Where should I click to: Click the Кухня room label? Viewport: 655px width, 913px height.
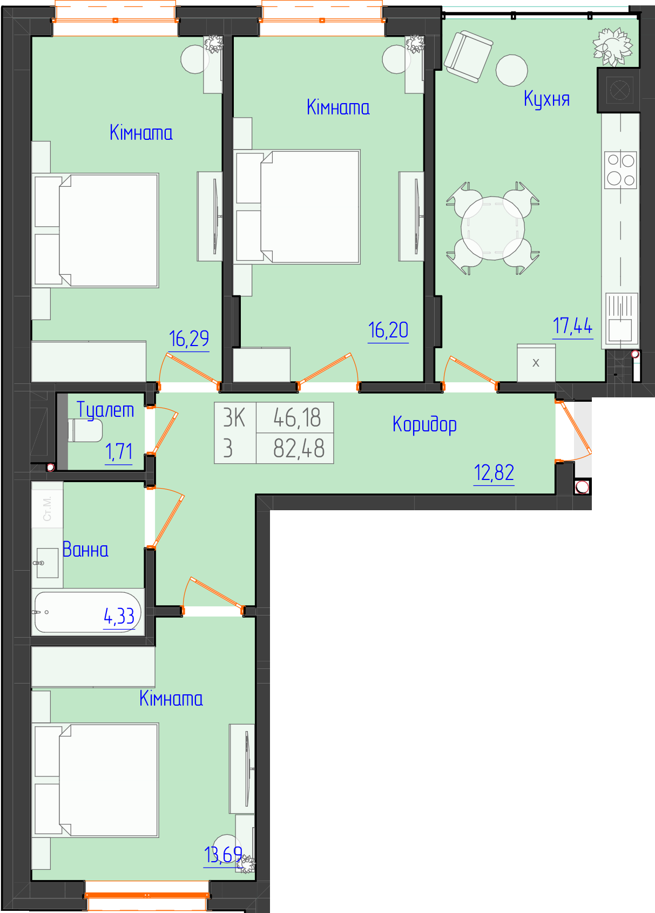[546, 99]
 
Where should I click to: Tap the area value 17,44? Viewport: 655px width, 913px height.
[572, 326]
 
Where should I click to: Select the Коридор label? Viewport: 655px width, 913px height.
[424, 424]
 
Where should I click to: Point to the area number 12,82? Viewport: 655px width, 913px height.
[494, 473]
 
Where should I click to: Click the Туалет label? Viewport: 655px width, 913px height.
[105, 410]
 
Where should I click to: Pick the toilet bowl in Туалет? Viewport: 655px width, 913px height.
[85, 430]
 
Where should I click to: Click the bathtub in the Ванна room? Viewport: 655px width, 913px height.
[87, 612]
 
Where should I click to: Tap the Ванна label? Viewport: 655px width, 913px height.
[85, 550]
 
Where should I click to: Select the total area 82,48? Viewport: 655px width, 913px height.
[299, 448]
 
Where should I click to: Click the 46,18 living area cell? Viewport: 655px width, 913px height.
[297, 418]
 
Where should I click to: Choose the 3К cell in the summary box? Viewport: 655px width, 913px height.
[234, 418]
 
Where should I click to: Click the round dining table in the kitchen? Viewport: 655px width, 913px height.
[493, 228]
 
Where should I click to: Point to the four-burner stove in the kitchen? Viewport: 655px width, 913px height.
[620, 170]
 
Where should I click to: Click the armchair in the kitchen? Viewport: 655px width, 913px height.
[469, 57]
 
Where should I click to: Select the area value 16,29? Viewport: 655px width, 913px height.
[188, 339]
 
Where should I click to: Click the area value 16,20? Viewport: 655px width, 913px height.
[388, 330]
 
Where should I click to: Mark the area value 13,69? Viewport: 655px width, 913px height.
[223, 855]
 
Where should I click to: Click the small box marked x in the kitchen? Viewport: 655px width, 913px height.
[536, 363]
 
